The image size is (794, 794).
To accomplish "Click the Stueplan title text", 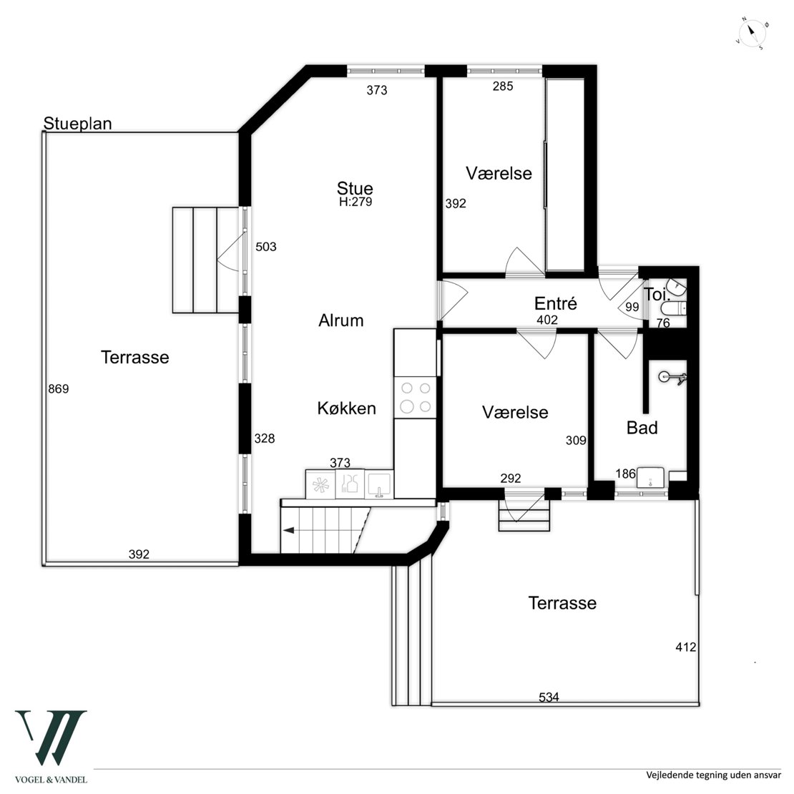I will [x=77, y=124].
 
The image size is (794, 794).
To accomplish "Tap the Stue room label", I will [x=355, y=189].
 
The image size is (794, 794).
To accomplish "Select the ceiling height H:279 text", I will [x=356, y=202].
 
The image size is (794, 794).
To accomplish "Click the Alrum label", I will [x=340, y=320].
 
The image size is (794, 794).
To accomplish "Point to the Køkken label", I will [x=346, y=408].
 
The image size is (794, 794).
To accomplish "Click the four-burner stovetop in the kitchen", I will [x=416, y=398].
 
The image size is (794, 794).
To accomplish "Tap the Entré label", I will [x=556, y=303].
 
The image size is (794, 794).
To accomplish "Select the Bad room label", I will [x=642, y=428].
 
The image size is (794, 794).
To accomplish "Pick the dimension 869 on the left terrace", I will [x=58, y=390].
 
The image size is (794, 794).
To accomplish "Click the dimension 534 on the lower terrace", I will [x=549, y=697].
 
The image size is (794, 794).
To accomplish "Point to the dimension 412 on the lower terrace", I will [x=685, y=647].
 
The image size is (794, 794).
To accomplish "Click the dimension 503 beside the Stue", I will [x=265, y=247].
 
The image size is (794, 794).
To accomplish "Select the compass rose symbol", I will [x=752, y=34].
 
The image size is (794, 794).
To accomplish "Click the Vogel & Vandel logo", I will [x=51, y=744].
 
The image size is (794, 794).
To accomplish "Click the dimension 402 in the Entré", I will [x=547, y=320].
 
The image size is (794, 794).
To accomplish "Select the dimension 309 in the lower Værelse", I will [x=576, y=441].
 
